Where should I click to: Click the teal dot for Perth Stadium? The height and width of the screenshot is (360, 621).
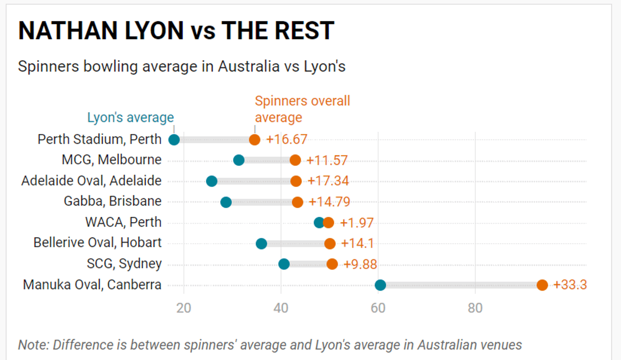tap(174, 140)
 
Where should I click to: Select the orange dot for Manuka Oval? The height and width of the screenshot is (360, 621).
tap(542, 285)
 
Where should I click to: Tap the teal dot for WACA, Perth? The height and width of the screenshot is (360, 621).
tap(319, 223)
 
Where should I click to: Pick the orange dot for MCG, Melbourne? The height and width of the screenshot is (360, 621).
tap(295, 160)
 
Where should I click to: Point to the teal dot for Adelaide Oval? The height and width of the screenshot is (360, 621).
tap(211, 181)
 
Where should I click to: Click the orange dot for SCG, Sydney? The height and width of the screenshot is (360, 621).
tap(332, 264)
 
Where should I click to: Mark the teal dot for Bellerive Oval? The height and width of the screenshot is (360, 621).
tap(261, 243)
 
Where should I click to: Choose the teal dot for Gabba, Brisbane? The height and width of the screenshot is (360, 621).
tap(226, 202)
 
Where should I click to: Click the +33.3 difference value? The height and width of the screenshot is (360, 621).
tap(570, 285)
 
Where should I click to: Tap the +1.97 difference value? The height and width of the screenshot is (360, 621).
tap(357, 223)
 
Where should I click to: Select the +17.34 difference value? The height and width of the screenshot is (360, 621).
tap(328, 181)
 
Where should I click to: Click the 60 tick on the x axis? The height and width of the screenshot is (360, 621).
tap(378, 308)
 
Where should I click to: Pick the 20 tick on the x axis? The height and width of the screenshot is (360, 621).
tap(184, 308)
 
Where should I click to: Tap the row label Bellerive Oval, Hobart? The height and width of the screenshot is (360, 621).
tap(97, 242)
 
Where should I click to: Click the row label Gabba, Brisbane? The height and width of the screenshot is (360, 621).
tap(113, 201)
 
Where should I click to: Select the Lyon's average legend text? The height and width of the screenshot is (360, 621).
tap(130, 118)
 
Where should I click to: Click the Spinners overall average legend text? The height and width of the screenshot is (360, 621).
tap(302, 109)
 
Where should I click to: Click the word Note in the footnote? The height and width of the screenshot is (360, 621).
tap(33, 345)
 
